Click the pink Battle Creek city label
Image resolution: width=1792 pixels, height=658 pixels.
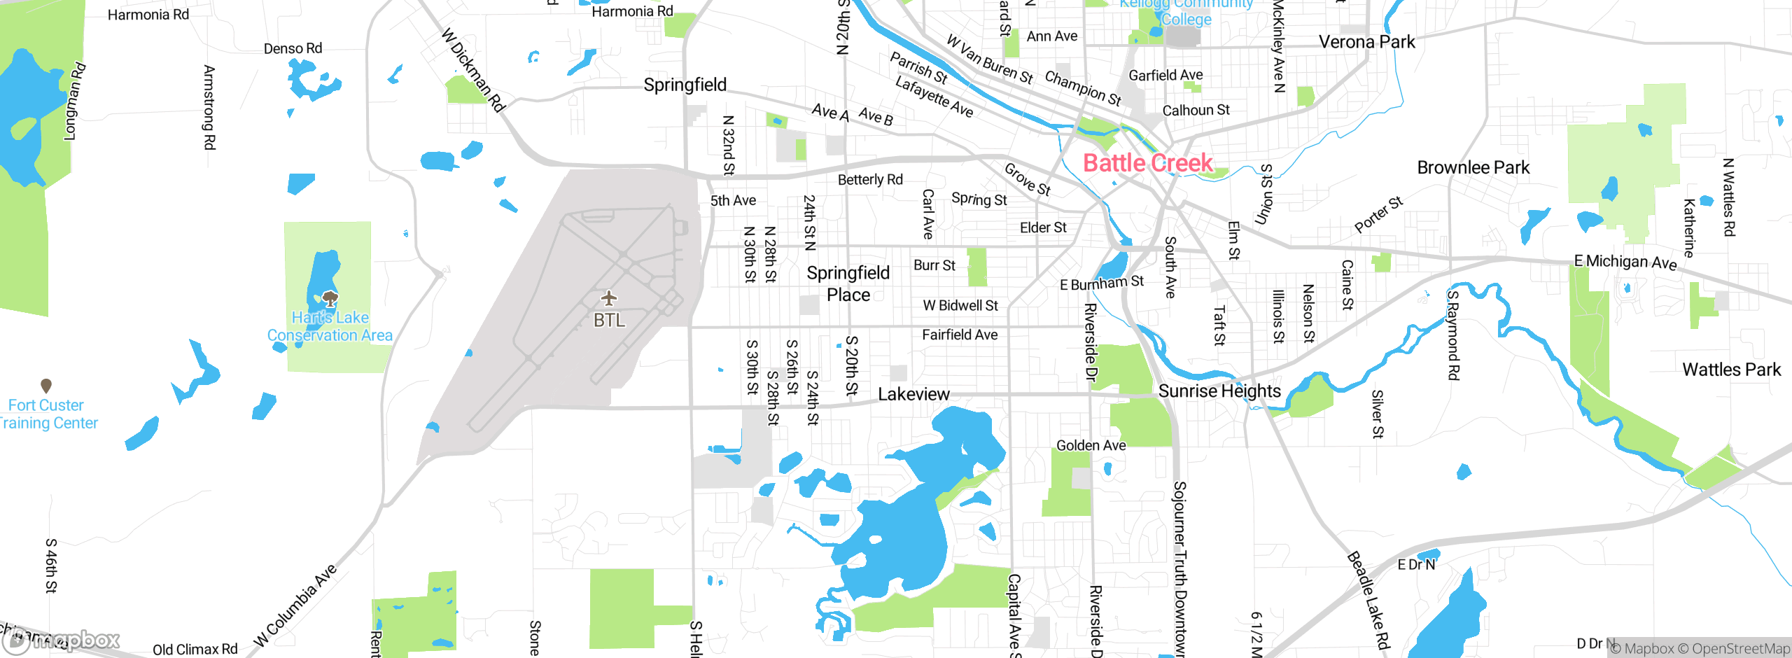point(1148,163)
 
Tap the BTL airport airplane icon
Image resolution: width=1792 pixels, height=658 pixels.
point(609,299)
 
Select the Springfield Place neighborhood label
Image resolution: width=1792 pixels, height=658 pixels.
point(848,283)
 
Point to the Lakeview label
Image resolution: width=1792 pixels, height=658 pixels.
point(913,394)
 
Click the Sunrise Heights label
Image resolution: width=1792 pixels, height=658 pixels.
point(1219,391)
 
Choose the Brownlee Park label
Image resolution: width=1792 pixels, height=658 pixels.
point(1473,167)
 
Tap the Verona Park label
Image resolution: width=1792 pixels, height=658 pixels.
point(1366,42)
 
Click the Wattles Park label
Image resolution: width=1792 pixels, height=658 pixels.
point(1731,370)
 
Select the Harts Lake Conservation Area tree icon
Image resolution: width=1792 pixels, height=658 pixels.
point(330,299)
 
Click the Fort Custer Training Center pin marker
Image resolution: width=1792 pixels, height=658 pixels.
point(46,385)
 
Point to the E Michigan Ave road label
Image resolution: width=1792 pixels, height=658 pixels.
point(1625,262)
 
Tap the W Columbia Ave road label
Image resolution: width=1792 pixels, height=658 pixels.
point(295,605)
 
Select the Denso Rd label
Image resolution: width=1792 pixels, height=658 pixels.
point(293,48)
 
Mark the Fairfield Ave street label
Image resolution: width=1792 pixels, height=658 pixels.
point(960,335)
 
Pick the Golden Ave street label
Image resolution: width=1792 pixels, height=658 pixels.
point(1091,445)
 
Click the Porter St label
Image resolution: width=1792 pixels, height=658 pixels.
point(1378,214)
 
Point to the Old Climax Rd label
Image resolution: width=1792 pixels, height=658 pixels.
point(195,649)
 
